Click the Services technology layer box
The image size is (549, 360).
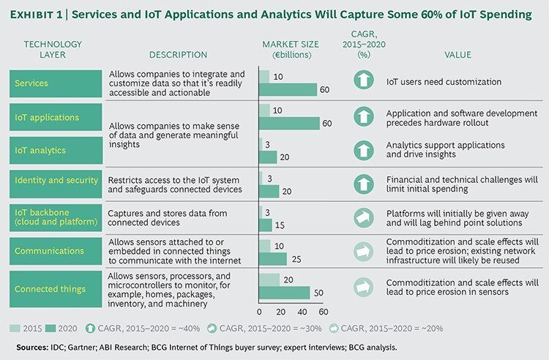pyautogui.click(x=55, y=83)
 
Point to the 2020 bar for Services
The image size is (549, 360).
pyautogui.click(x=288, y=90)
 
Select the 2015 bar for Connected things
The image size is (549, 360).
pyautogui.click(x=269, y=280)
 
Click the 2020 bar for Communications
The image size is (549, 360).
pyautogui.click(x=272, y=259)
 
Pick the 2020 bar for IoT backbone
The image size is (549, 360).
pyautogui.click(x=267, y=225)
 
